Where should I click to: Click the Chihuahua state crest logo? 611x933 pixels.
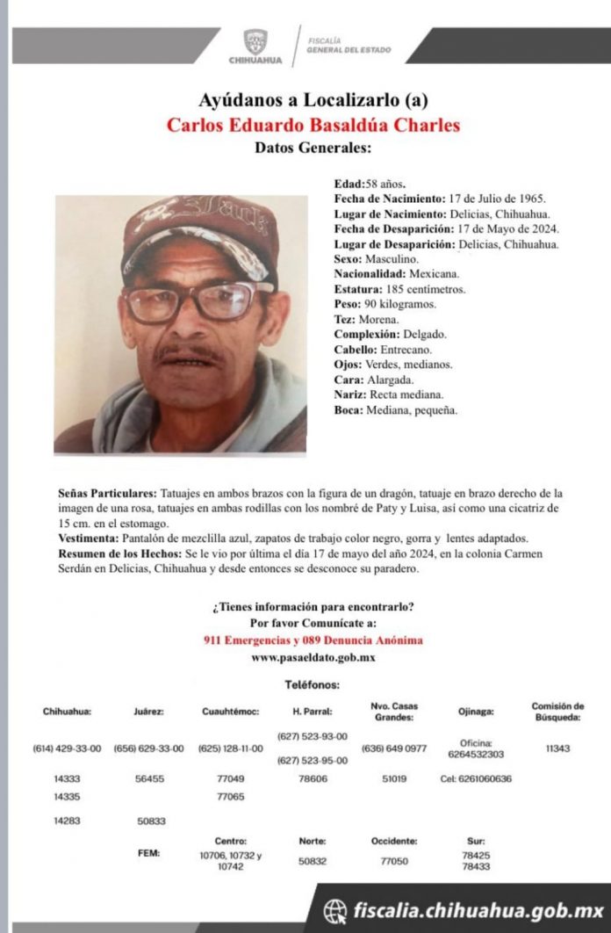tap(255, 42)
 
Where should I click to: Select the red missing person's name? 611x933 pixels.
tap(313, 125)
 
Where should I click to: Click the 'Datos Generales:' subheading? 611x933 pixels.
tap(313, 148)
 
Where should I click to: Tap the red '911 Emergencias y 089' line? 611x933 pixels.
tap(313, 640)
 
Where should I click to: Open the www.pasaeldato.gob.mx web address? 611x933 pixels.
tap(313, 657)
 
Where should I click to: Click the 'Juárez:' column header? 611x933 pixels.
tap(148, 712)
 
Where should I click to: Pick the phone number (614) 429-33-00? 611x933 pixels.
tap(67, 749)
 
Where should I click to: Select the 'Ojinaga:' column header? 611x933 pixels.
tap(476, 712)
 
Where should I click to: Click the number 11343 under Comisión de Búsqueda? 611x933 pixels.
tap(557, 749)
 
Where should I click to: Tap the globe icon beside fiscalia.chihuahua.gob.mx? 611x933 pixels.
tap(335, 908)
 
